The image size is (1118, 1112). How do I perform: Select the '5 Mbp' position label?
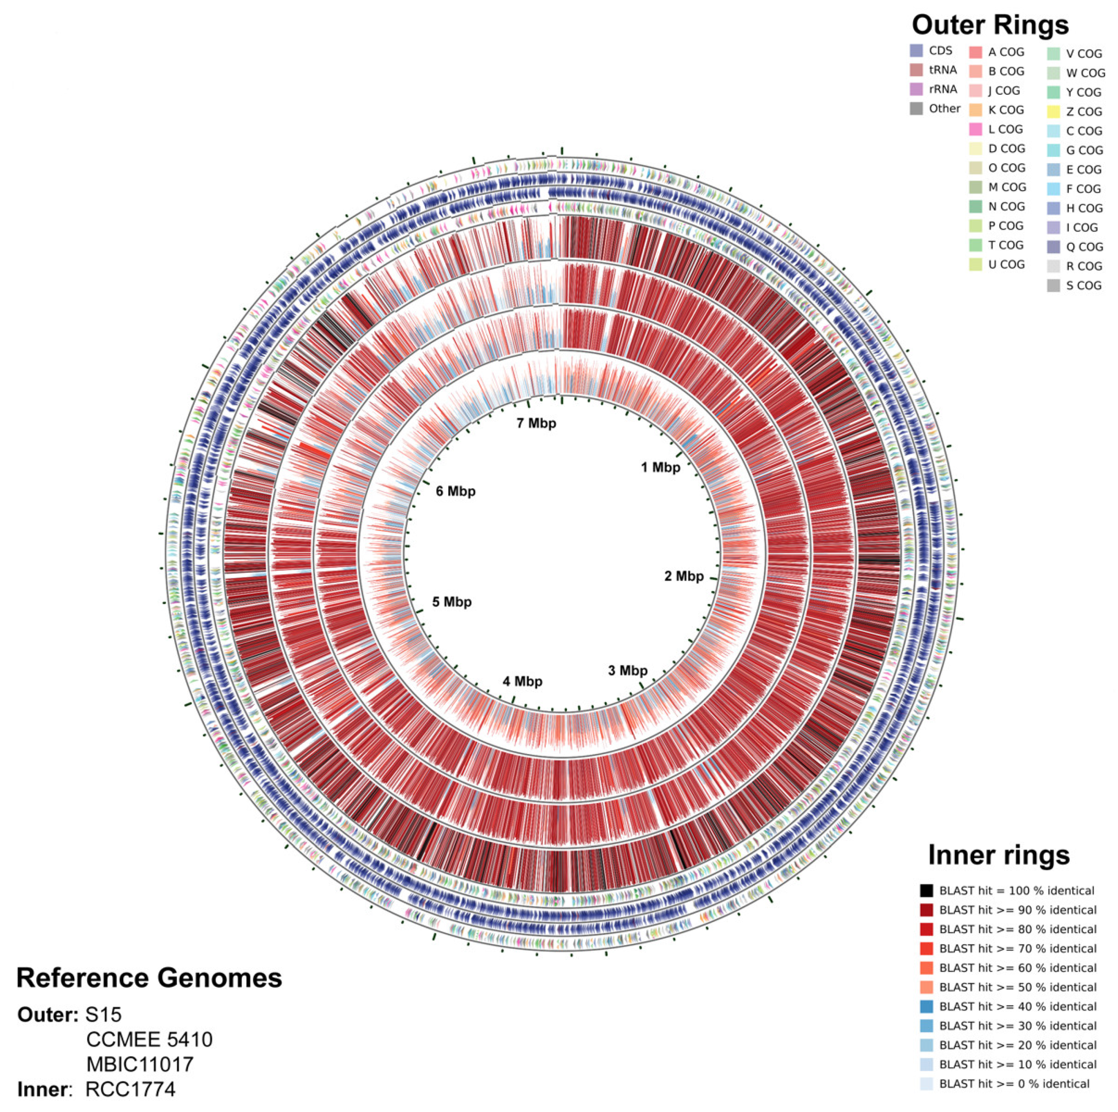tap(452, 602)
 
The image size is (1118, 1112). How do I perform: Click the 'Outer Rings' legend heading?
tap(990, 25)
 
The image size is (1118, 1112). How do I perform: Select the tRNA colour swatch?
tap(916, 70)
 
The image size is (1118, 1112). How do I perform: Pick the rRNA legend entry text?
tap(943, 89)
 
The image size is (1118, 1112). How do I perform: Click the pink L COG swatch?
tap(976, 129)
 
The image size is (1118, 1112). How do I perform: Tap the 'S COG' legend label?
tap(1084, 285)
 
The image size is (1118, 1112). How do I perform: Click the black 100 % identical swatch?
tap(926, 891)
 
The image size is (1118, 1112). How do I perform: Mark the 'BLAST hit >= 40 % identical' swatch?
tap(926, 1006)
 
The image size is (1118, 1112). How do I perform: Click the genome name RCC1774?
tap(130, 1089)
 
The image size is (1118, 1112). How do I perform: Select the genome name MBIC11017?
tap(140, 1064)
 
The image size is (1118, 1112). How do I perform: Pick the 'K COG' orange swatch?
tap(976, 110)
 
